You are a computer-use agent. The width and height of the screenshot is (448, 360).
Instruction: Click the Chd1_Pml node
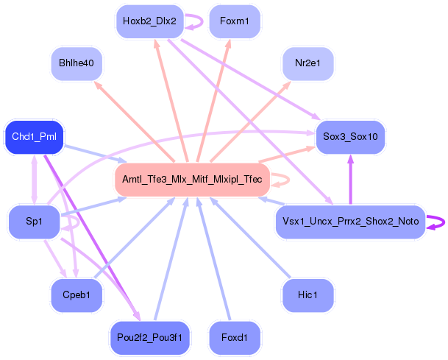[x=34, y=137]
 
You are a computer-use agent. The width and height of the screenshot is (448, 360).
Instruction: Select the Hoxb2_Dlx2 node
[x=149, y=21]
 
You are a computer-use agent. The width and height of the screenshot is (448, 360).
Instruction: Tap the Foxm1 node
[x=235, y=21]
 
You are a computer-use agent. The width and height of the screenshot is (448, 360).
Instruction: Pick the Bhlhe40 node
[x=77, y=63]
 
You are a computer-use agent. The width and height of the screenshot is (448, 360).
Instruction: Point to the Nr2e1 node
[x=307, y=63]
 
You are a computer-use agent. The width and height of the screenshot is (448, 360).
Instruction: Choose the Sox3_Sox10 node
[x=350, y=137]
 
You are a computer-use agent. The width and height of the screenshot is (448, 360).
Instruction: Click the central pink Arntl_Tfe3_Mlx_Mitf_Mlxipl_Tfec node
[x=192, y=180]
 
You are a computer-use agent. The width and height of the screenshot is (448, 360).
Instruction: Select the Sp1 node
[x=34, y=222]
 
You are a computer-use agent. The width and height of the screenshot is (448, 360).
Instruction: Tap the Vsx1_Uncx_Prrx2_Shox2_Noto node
[x=351, y=222]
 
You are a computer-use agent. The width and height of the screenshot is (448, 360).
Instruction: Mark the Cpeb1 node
[x=77, y=295]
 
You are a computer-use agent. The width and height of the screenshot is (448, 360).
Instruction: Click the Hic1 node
[x=307, y=295]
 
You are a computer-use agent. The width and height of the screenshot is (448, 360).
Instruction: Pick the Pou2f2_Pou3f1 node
[x=149, y=338]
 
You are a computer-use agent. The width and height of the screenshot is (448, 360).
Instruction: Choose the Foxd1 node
[x=235, y=338]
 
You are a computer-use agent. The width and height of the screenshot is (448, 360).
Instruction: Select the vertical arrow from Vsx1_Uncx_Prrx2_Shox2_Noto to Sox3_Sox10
[x=351, y=180]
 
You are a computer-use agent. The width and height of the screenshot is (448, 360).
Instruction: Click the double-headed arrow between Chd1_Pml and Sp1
[x=35, y=180]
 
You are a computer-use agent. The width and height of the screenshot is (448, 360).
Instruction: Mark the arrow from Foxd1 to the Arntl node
[x=214, y=259]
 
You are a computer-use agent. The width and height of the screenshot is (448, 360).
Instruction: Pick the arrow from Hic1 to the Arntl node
[x=251, y=238]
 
